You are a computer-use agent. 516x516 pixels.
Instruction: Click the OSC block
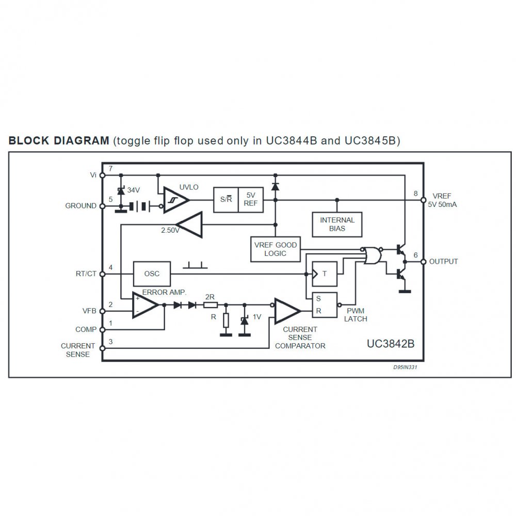(152, 273)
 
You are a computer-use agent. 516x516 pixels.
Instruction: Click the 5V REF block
(251, 199)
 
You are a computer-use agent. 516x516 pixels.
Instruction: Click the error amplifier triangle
(145, 305)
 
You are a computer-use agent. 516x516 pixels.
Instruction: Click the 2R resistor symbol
(211, 305)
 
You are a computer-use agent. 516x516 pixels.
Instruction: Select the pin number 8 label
(415, 193)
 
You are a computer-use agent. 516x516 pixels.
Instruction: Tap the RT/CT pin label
(85, 273)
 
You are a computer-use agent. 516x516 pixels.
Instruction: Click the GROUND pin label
(80, 205)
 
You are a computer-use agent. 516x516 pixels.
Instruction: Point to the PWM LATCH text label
(356, 315)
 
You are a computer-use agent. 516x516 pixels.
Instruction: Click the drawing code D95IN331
(405, 368)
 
